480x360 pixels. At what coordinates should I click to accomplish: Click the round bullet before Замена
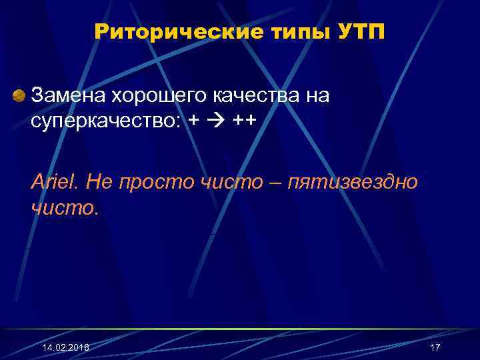tap(21, 95)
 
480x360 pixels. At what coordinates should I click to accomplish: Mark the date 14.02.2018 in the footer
tap(65, 348)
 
